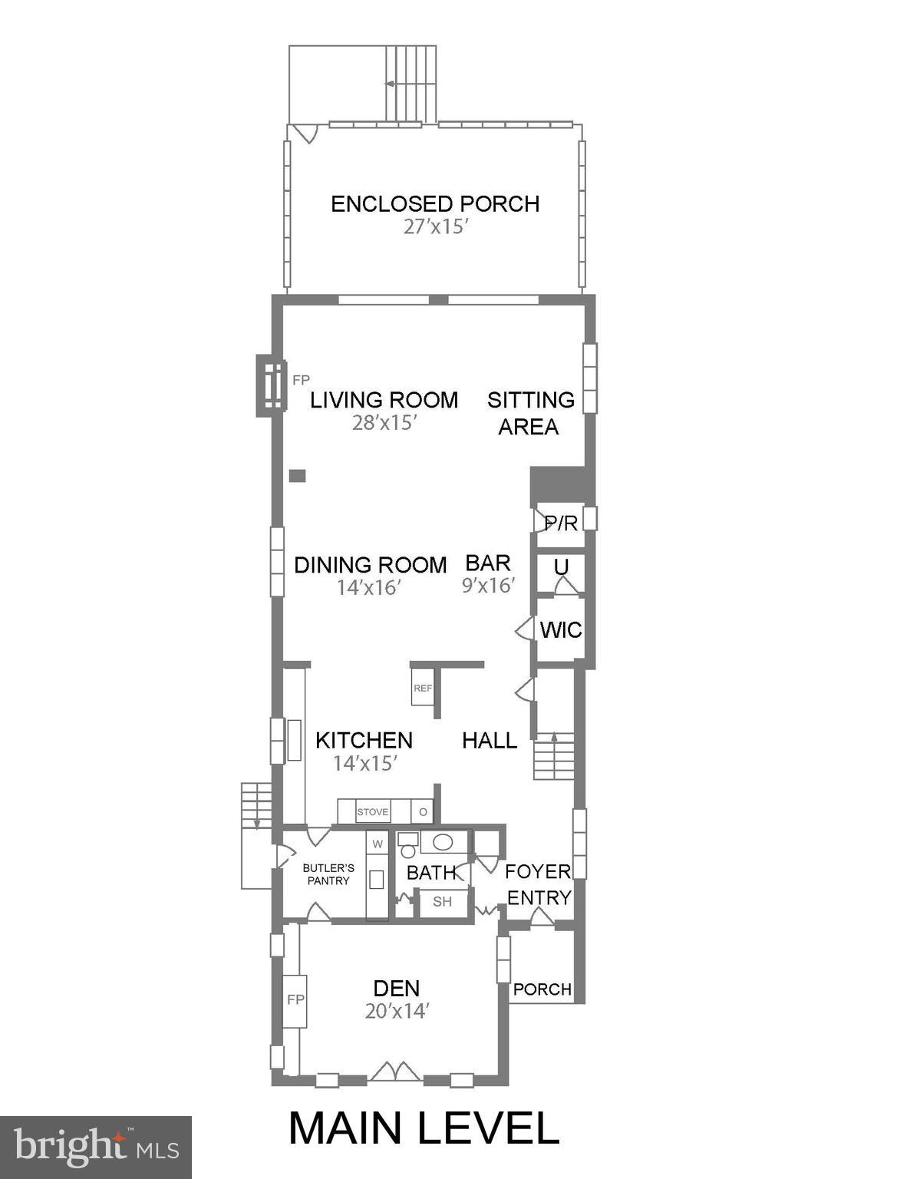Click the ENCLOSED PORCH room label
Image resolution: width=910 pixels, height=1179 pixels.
(x=435, y=203)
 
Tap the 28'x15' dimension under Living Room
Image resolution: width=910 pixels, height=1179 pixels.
(x=384, y=423)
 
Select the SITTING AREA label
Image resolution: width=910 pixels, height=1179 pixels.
(x=530, y=413)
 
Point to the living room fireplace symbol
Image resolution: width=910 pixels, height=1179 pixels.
(x=270, y=385)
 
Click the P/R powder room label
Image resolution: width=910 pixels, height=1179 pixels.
(x=560, y=523)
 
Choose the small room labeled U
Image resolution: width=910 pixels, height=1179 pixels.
(x=561, y=567)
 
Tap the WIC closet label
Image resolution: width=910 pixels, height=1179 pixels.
(x=561, y=630)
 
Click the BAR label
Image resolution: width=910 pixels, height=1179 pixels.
(x=488, y=563)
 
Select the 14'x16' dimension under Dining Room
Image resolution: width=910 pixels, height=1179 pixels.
(x=369, y=587)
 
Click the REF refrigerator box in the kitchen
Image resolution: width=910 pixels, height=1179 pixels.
(x=423, y=689)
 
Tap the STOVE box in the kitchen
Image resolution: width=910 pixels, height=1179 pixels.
(x=373, y=812)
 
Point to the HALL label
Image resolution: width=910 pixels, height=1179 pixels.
(x=490, y=740)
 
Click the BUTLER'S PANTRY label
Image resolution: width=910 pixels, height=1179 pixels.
(x=328, y=874)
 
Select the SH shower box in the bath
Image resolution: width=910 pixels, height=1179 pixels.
(x=443, y=902)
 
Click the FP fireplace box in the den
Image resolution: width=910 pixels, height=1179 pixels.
(x=295, y=1000)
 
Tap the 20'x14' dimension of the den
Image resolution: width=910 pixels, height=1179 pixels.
(x=396, y=1011)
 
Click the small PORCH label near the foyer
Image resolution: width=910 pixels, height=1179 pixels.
(x=542, y=989)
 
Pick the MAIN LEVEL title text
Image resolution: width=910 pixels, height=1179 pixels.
(x=424, y=1128)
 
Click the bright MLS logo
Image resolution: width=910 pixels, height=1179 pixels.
(x=96, y=1147)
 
